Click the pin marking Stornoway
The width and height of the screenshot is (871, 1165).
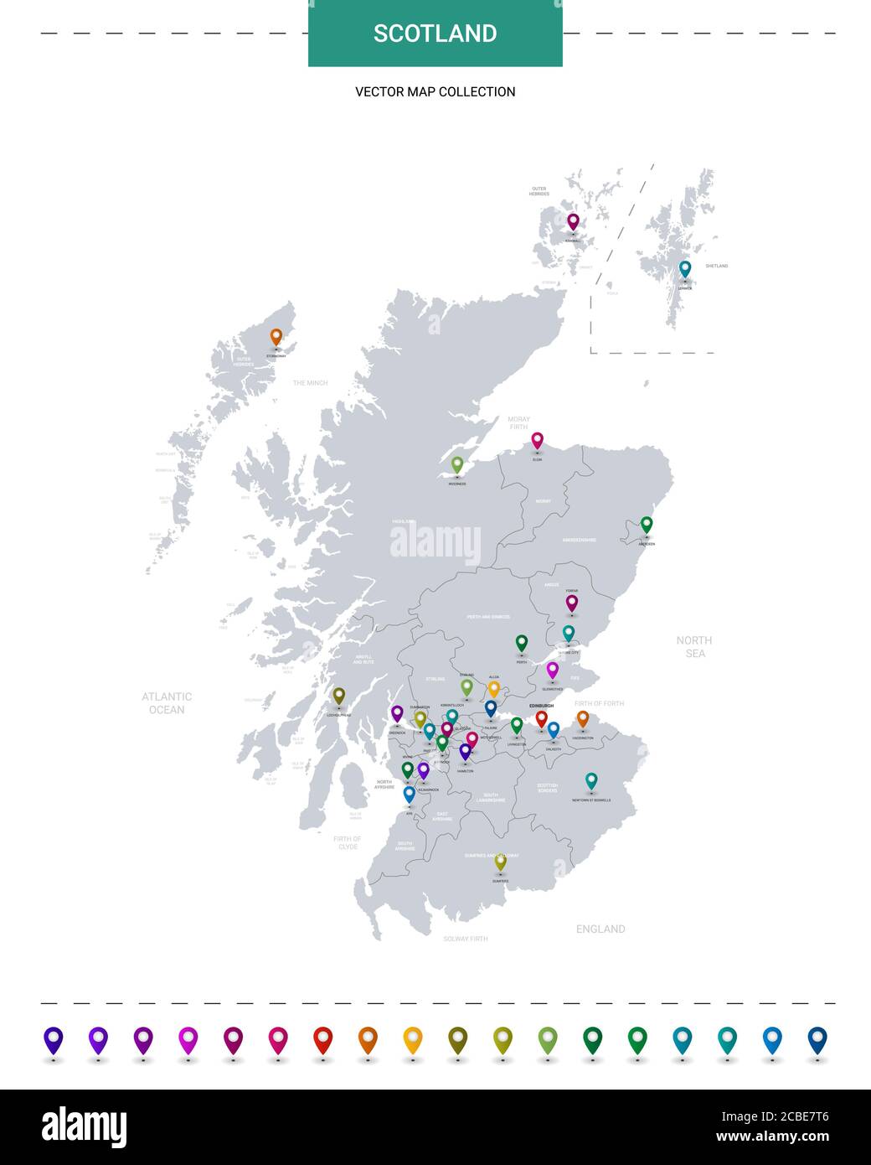click(x=276, y=337)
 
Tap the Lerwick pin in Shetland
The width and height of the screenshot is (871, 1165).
click(x=685, y=269)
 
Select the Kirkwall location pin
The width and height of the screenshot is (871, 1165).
click(x=573, y=222)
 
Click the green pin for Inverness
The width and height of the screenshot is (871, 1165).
click(x=457, y=464)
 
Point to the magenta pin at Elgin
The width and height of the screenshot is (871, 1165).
click(x=538, y=440)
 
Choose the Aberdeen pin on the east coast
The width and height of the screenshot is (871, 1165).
click(x=647, y=525)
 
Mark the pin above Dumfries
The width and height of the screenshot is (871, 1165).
click(x=500, y=862)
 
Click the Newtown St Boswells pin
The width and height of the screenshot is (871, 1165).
click(x=591, y=781)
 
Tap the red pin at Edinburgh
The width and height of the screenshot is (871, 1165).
click(x=541, y=718)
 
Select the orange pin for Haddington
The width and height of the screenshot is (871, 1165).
click(x=583, y=718)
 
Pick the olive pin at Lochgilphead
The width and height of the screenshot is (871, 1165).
click(x=339, y=696)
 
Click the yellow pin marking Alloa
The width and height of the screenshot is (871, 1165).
click(x=493, y=689)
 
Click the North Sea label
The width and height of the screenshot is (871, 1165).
click(x=694, y=646)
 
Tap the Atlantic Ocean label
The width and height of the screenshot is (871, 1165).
click(x=167, y=702)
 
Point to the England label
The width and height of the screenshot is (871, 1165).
click(x=600, y=929)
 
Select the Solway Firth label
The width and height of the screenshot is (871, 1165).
click(x=466, y=939)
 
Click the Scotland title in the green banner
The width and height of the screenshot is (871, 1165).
click(x=435, y=34)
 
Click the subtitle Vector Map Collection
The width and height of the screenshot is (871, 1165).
click(x=435, y=91)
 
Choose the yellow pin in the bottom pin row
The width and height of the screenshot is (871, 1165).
click(x=413, y=1039)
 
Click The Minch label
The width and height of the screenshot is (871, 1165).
click(x=310, y=383)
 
